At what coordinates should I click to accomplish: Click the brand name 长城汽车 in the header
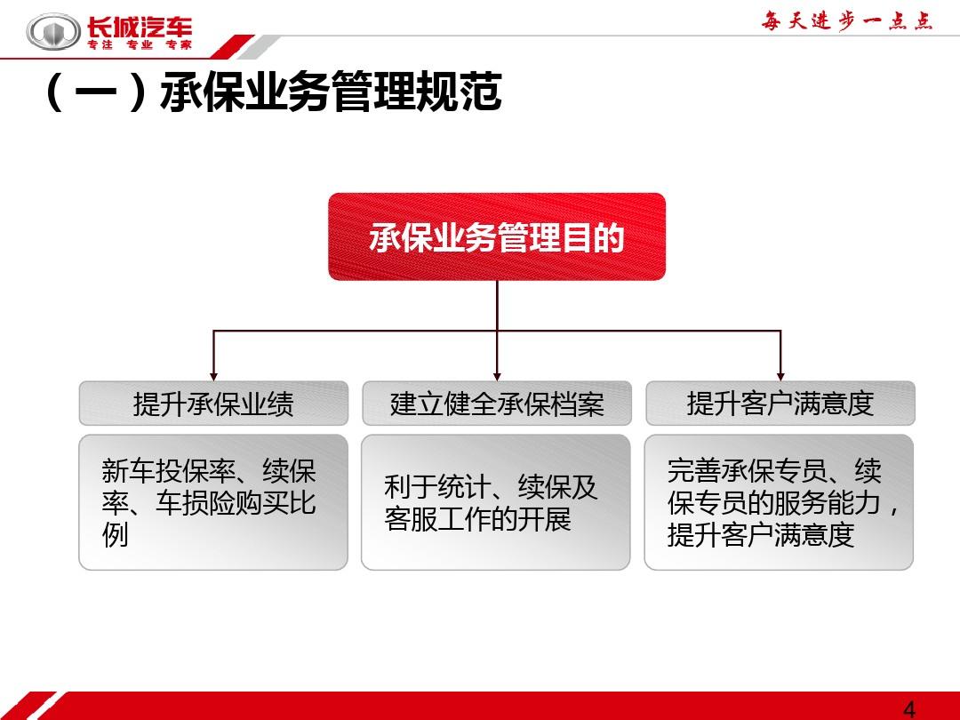pos(140,27)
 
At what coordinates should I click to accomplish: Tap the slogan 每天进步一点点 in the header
pos(847,21)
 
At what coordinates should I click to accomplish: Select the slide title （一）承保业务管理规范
pos(273,92)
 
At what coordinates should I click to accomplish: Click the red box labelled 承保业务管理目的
pos(497,237)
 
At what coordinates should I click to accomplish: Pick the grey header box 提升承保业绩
pos(213,404)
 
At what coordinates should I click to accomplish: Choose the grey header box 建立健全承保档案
pos(497,404)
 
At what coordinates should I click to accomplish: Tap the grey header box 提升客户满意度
pos(780,404)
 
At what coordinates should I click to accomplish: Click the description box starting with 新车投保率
pos(213,502)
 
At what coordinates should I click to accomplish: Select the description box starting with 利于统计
pos(496,502)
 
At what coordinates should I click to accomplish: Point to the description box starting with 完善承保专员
pos(779,502)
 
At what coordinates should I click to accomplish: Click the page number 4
pos(909,709)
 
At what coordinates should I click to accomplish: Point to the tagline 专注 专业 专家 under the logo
pos(140,44)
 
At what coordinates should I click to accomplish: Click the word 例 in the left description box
pos(115,534)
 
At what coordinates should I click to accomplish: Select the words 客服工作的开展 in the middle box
pos(477,519)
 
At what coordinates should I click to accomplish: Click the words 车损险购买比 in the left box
pos(236,503)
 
